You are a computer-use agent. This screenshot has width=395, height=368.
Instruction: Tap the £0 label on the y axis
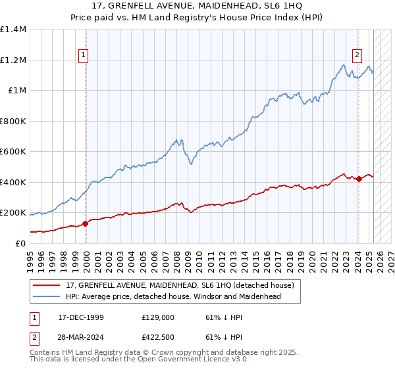(x=19, y=244)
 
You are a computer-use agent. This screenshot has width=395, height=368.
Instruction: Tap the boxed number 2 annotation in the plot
(x=357, y=56)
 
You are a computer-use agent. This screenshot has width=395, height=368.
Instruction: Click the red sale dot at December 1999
(x=86, y=224)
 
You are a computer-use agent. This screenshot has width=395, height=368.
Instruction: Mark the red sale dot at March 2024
(x=358, y=179)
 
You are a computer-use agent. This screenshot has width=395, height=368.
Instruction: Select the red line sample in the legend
(x=47, y=285)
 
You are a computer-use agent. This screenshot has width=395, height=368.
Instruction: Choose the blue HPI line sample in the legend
(x=47, y=296)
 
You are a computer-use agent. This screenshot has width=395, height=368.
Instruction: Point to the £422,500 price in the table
(x=157, y=338)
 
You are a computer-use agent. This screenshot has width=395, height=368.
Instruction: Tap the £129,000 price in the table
(x=157, y=317)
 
